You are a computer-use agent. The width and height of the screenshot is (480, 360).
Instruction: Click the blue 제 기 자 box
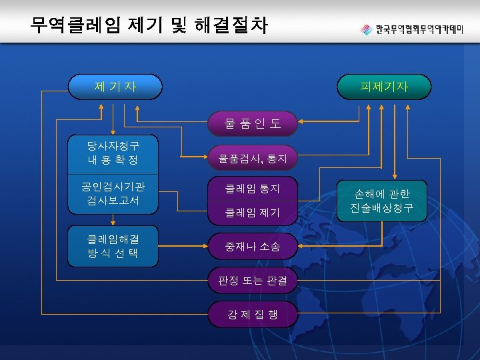pyautogui.click(x=115, y=86)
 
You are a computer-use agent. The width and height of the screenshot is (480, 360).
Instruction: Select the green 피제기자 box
pyautogui.click(x=384, y=86)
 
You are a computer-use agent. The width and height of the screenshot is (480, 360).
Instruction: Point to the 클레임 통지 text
pyautogui.click(x=252, y=189)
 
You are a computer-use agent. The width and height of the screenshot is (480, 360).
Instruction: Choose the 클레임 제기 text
pyautogui.click(x=252, y=213)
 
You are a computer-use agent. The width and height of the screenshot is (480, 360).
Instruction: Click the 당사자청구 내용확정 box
pyautogui.click(x=113, y=152)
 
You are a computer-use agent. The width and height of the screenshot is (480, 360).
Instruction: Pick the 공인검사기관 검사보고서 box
pyautogui.click(x=113, y=193)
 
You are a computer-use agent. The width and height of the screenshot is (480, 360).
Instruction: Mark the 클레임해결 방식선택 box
pyautogui.click(x=113, y=245)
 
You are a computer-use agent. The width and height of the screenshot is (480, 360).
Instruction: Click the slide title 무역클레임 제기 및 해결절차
pyautogui.click(x=149, y=26)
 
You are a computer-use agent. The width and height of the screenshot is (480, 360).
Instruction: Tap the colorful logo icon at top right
pyautogui.click(x=366, y=30)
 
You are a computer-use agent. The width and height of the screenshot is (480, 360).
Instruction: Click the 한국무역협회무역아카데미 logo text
pyautogui.click(x=419, y=30)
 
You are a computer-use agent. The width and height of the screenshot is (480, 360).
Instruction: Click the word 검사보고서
pyautogui.click(x=113, y=201)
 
